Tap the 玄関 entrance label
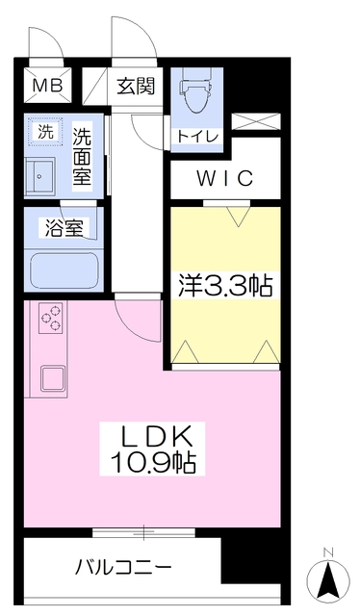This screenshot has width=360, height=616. coord(136,87)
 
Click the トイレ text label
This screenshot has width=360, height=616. coord(196,137)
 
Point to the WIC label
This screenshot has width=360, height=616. coord(226,178)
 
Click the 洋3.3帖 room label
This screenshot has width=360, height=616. coord(226,285)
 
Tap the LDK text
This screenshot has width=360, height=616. coord(149,434)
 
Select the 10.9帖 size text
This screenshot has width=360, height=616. coord(149,463)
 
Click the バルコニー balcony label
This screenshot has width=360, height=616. coord(122,567)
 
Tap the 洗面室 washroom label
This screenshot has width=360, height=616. coord(85,153)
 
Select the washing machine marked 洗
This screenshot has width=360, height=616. coord(44,132)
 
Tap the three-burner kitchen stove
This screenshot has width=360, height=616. coord(51,319)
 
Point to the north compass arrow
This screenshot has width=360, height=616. coord(328,580)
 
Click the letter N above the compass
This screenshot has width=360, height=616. coord(328,551)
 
